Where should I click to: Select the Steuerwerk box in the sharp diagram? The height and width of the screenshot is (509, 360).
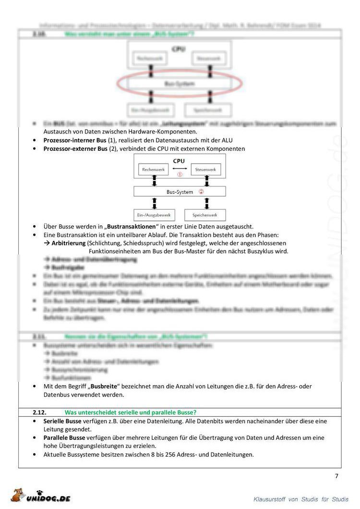click(x=207, y=170)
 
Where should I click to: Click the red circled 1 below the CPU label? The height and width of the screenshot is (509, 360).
click(x=180, y=175)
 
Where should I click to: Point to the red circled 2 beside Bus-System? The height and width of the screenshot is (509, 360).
click(x=202, y=192)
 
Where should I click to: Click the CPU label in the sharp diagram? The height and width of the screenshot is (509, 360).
click(x=179, y=161)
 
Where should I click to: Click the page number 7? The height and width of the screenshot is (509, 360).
click(x=336, y=476)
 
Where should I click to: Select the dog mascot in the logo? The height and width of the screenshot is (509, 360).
click(x=19, y=496)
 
